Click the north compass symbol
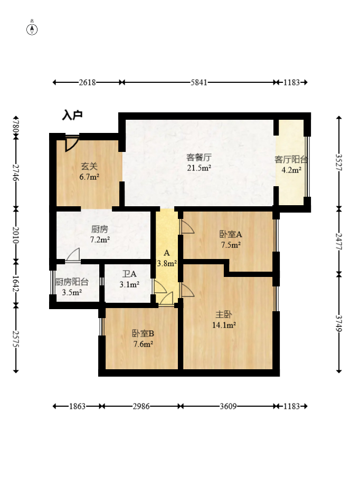[x=32, y=28]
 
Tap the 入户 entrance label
[x=72, y=115]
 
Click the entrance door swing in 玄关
[x=71, y=143]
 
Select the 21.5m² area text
[x=199, y=168]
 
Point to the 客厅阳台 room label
[x=291, y=159]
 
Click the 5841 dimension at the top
[x=199, y=82]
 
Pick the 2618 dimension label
[x=87, y=82]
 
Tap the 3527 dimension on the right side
[x=339, y=162]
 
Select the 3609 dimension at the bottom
[x=228, y=406]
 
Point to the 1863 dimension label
[x=77, y=406]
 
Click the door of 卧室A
[x=187, y=226]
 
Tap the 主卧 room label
[x=224, y=314]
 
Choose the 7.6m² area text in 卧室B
[x=143, y=344]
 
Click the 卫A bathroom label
[x=129, y=274]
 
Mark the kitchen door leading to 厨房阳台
[x=73, y=255]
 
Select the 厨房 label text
[x=100, y=229]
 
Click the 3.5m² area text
[x=72, y=293]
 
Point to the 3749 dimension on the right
[x=339, y=324]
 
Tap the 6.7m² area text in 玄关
[x=89, y=177]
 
